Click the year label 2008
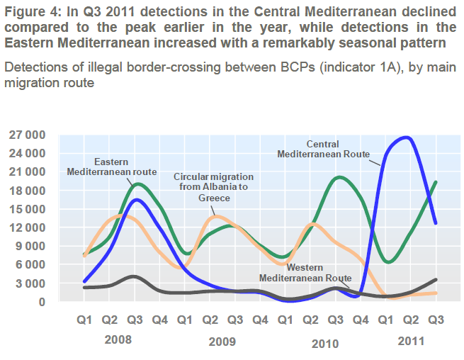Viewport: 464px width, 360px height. tap(118, 339)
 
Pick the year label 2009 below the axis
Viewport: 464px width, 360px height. tap(222, 342)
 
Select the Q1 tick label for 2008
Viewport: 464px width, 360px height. tap(85, 320)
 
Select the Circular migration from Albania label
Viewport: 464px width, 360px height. tap(213, 187)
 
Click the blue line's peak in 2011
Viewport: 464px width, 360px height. tap(406, 137)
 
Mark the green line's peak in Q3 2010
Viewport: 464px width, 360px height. tap(339, 177)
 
